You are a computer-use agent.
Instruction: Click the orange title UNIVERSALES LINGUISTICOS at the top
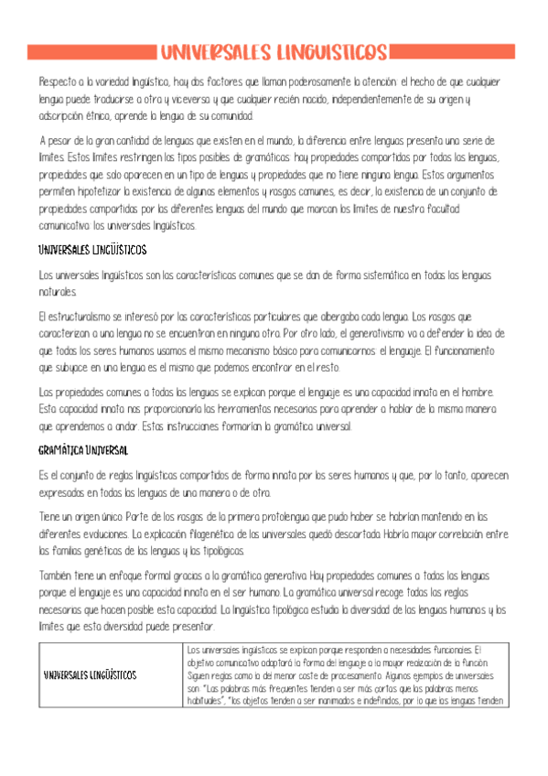click(x=274, y=52)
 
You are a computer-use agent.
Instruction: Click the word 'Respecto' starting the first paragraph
click(x=54, y=81)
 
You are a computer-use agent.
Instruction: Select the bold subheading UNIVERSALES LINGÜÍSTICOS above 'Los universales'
click(x=92, y=249)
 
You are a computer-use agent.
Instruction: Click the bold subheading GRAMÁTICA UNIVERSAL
click(x=83, y=451)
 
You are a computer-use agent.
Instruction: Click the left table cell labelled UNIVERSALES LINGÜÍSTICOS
click(x=91, y=674)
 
